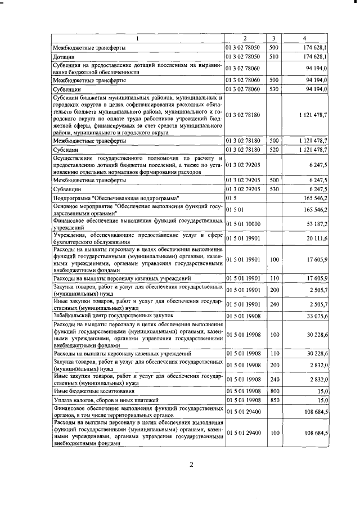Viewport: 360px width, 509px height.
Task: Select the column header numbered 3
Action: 273,38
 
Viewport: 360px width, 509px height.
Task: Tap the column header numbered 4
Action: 304,38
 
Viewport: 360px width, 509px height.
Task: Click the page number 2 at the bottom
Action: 191,464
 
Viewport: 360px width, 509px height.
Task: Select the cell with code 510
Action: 274,57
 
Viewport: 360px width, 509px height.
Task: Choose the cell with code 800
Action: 274,390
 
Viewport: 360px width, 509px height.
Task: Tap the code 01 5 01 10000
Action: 243,224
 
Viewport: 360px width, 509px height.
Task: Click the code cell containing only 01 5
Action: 231,199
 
